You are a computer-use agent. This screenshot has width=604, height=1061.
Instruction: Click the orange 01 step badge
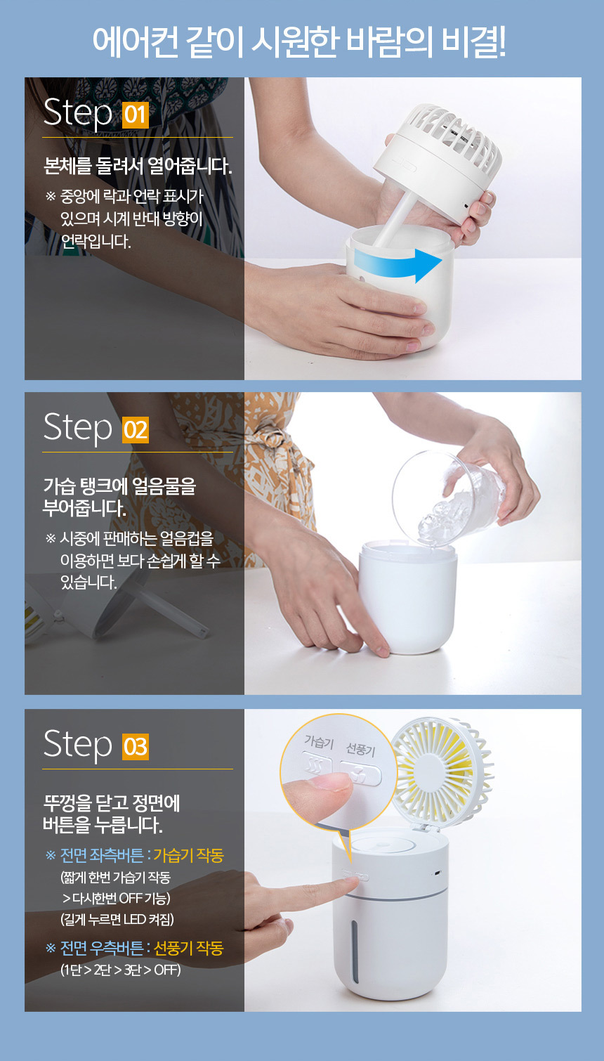(136, 115)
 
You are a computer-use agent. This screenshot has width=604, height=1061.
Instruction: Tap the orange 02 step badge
(136, 430)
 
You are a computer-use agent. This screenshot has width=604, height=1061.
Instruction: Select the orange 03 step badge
(136, 746)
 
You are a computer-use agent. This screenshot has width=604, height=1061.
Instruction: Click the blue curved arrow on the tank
(398, 263)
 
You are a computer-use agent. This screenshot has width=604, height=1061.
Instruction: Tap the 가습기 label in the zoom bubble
(319, 742)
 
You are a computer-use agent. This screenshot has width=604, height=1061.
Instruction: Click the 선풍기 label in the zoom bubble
(361, 749)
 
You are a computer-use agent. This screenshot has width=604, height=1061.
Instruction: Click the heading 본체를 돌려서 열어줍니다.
(138, 167)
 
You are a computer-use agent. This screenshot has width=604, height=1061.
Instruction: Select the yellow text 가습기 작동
(188, 855)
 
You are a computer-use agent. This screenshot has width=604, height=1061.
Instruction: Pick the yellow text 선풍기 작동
(188, 949)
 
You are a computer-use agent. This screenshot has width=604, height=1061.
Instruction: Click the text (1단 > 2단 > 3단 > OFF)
(121, 970)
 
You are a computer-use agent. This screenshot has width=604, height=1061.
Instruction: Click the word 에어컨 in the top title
(136, 41)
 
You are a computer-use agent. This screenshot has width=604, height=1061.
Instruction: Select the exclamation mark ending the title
(501, 41)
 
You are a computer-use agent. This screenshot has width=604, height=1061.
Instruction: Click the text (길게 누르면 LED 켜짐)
(117, 920)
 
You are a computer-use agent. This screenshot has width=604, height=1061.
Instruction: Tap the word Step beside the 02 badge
(78, 427)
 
